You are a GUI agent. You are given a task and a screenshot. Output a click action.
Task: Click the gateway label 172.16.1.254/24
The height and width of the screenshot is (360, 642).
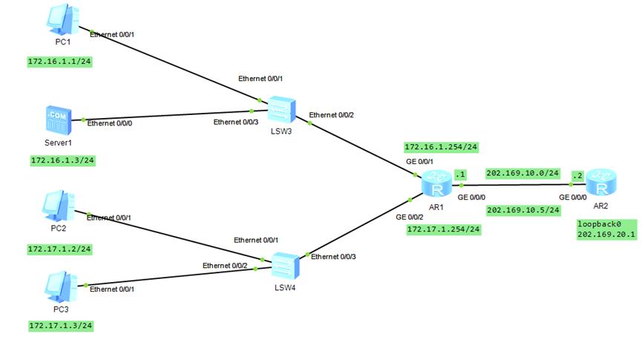tap(441, 146)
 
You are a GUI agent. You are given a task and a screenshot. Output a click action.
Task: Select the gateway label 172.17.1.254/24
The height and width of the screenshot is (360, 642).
tap(444, 229)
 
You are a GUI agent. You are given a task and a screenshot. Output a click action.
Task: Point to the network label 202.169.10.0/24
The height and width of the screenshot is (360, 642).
tap(522, 173)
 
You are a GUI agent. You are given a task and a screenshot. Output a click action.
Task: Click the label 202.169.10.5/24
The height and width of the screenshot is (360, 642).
tap(523, 210)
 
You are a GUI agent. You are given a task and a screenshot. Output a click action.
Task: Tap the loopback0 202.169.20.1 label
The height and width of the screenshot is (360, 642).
tap(606, 229)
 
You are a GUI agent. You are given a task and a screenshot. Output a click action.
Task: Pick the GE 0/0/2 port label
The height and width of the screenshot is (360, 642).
tap(410, 217)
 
